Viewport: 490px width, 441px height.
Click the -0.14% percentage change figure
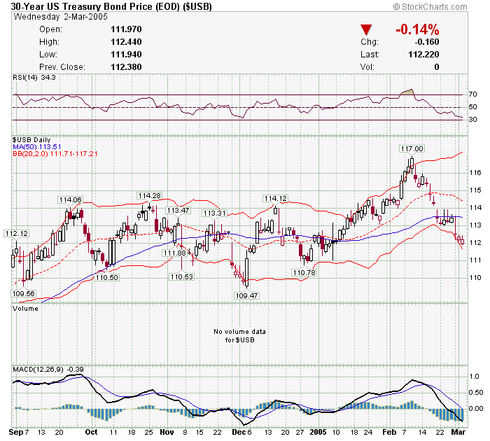(x=417, y=29)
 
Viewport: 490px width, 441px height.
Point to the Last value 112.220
(x=423, y=55)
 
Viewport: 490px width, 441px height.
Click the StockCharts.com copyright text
(x=437, y=6)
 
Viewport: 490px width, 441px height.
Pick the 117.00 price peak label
(x=412, y=148)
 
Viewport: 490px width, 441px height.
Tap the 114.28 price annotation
(x=149, y=195)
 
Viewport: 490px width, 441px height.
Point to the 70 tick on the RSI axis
(x=472, y=94)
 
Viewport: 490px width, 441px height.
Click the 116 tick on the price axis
(x=472, y=172)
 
